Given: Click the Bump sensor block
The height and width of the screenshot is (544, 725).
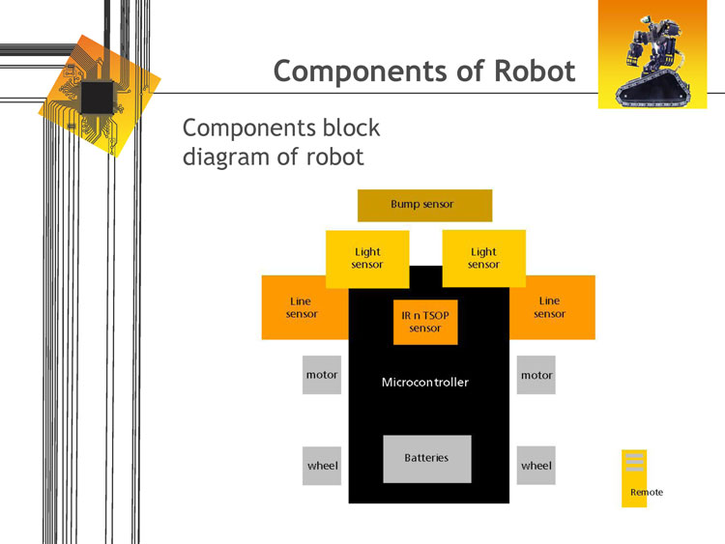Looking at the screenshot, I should [424, 205].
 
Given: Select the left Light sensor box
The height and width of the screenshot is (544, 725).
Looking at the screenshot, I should [367, 258].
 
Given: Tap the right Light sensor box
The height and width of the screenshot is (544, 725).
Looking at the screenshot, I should [483, 258].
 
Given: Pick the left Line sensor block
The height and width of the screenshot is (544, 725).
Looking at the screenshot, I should [302, 307].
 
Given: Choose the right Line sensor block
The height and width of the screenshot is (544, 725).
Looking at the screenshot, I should [549, 307].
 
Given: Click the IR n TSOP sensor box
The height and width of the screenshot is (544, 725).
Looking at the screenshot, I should [425, 322].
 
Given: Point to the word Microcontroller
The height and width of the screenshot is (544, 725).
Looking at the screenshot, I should [425, 383].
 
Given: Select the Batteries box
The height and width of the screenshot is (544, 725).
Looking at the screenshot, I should [426, 458].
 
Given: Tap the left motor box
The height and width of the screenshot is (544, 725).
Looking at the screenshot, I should [322, 375].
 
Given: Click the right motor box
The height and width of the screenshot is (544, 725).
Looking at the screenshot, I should [536, 375].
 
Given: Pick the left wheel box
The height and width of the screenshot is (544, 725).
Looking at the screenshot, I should [322, 466].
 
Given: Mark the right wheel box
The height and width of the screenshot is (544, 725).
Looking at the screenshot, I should [536, 466].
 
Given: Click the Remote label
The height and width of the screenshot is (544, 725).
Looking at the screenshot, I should [647, 493].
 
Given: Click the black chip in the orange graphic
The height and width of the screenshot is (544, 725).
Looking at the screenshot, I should [98, 96].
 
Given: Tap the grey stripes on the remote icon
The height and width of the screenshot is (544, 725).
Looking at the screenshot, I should [634, 461].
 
